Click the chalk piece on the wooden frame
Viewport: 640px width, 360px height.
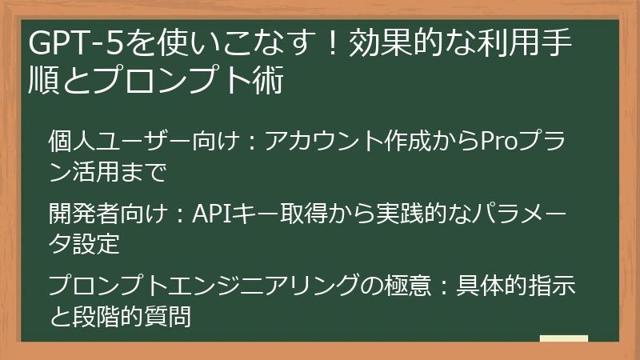(x=563, y=338)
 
